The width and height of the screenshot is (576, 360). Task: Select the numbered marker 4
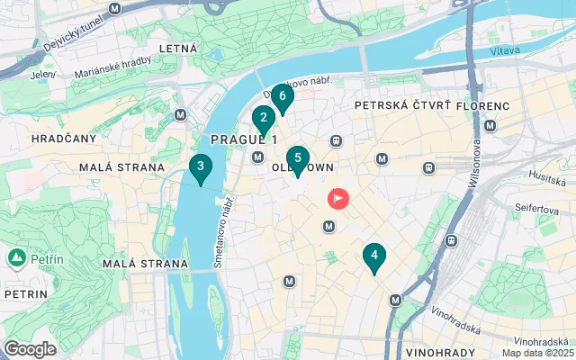coord(373,256)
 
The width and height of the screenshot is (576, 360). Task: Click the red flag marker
coord(338,197)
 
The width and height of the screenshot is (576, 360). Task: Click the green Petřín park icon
coord(17,259)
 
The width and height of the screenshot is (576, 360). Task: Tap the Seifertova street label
coord(537,208)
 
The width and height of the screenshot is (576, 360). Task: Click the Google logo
coord(30,349)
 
